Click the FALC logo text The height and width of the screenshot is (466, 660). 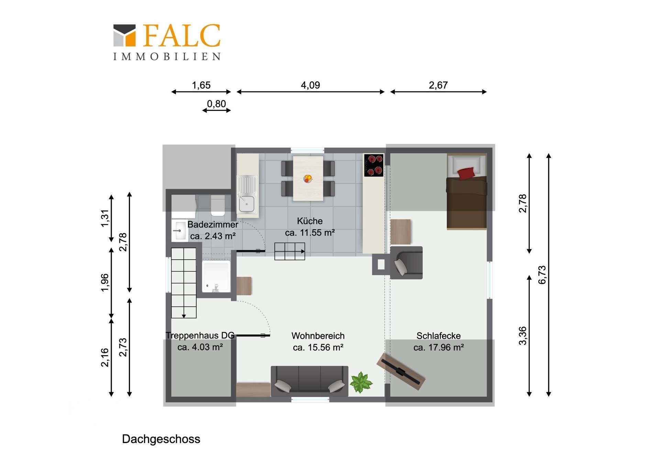(181, 35)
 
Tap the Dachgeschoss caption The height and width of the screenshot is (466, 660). (161, 439)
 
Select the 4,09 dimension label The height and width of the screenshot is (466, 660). (310, 85)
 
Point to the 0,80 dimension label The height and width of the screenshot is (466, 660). (216, 104)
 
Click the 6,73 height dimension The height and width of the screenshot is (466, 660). (542, 275)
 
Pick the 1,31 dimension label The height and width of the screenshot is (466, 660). (105, 218)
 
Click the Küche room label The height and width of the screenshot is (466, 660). (310, 221)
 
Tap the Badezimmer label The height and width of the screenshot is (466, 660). (213, 225)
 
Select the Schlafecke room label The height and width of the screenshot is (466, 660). (439, 336)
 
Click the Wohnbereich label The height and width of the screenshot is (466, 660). (318, 336)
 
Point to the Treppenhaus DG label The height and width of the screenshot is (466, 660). (200, 336)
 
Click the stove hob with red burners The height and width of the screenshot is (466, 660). (374, 165)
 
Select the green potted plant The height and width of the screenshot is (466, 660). (361, 382)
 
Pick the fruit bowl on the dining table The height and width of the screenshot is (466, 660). (308, 179)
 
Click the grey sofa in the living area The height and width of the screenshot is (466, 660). (309, 381)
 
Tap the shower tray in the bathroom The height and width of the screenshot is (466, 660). (216, 276)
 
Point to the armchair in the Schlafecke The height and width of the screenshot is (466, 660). (406, 263)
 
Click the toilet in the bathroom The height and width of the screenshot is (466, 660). (218, 205)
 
